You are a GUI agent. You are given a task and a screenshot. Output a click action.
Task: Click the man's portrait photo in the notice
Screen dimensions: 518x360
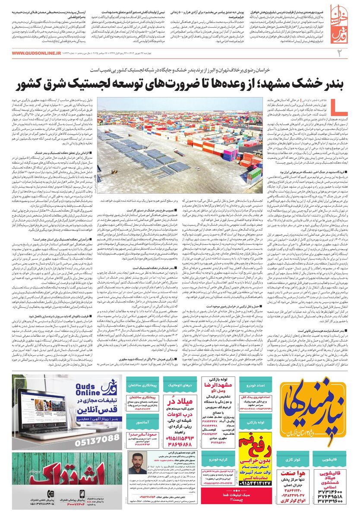139,463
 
